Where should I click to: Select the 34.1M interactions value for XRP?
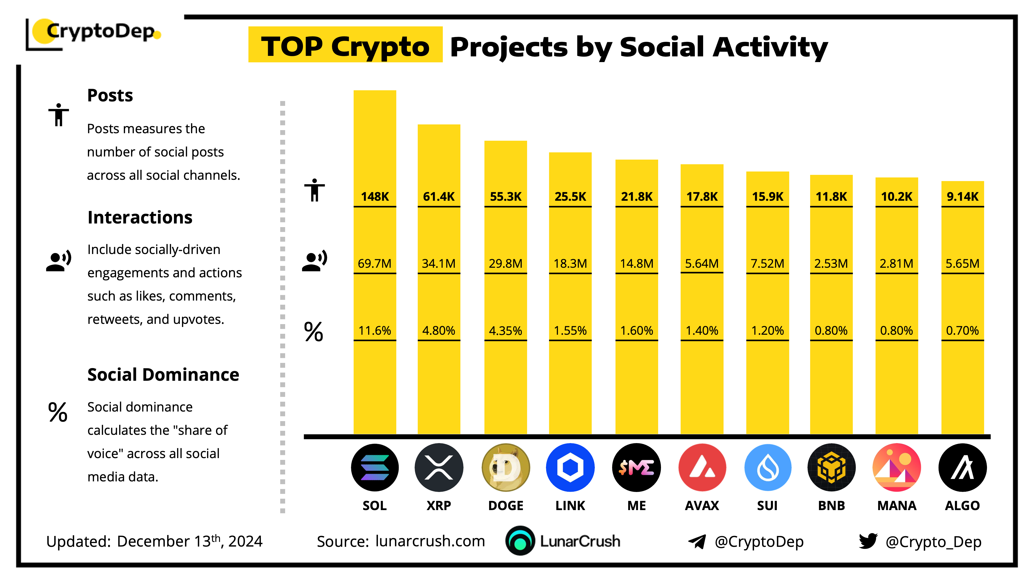coord(438,264)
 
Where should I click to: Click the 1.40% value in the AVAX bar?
coord(702,331)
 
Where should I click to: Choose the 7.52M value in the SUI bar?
coord(767,264)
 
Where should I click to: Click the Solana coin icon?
coord(375,467)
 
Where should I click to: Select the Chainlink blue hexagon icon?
coord(570,467)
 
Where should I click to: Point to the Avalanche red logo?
coord(702,467)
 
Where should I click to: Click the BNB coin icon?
coord(831,467)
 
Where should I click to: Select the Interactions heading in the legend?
coord(140,217)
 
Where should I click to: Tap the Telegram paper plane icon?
coord(697,541)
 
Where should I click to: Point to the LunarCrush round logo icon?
coord(520,541)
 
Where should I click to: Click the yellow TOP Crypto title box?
coord(345,45)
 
